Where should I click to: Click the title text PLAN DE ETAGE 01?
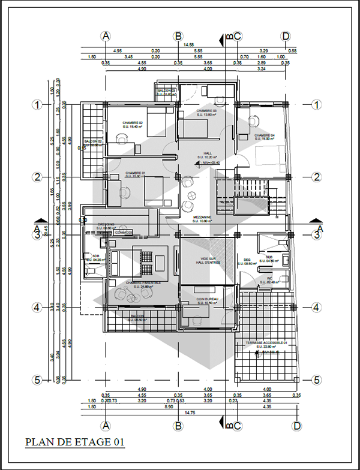74,442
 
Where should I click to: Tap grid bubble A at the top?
106,36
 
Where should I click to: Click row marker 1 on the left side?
36,104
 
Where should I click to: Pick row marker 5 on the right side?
316,380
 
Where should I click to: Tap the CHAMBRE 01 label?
136,174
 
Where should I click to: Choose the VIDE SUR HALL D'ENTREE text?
208,260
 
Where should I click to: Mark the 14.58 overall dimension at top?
188,44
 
